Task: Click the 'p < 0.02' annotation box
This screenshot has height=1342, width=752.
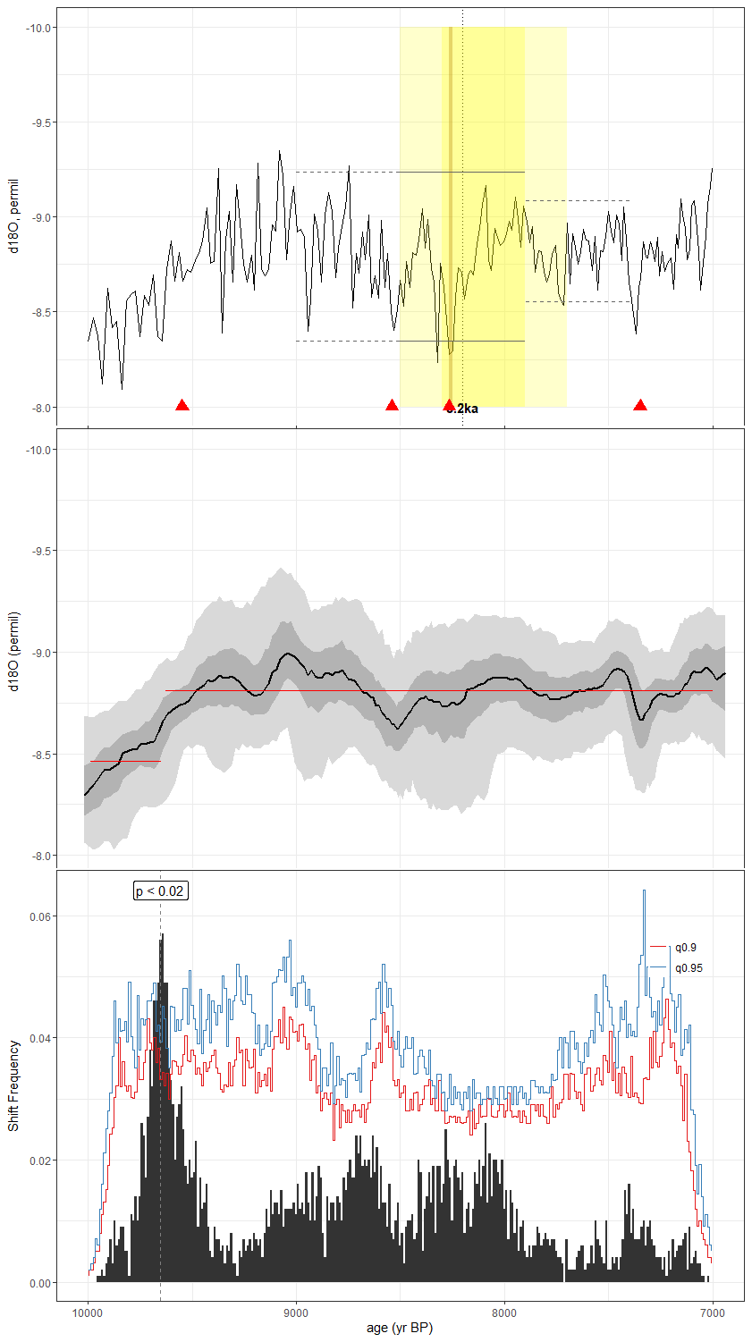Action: (x=161, y=890)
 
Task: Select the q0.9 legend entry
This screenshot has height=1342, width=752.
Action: (x=686, y=948)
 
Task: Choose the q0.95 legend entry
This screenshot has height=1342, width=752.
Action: (x=689, y=968)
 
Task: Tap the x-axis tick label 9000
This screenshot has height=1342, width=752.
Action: (x=296, y=1313)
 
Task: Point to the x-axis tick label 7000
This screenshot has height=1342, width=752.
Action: (x=712, y=1313)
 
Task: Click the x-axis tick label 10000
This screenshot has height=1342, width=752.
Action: (x=88, y=1313)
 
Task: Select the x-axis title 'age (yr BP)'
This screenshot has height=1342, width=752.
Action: (x=400, y=1328)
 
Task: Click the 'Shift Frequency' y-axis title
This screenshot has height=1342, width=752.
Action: (x=13, y=1085)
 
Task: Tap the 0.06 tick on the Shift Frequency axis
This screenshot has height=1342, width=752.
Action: (x=39, y=916)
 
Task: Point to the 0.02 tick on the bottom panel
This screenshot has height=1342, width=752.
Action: (x=39, y=1161)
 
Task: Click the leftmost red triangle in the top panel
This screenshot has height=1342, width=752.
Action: (x=182, y=406)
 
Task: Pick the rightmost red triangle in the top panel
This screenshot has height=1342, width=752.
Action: (x=640, y=406)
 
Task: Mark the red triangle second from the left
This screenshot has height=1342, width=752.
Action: (x=392, y=406)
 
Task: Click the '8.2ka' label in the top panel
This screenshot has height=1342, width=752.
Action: (x=463, y=409)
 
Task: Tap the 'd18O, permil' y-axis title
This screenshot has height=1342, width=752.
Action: (x=13, y=217)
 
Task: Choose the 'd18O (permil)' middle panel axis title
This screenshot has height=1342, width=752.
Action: (x=13, y=652)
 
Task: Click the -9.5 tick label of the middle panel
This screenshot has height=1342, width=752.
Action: (x=39, y=551)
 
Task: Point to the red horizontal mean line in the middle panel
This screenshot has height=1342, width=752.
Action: (x=438, y=690)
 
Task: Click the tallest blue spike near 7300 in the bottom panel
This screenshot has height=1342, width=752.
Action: (x=644, y=892)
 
